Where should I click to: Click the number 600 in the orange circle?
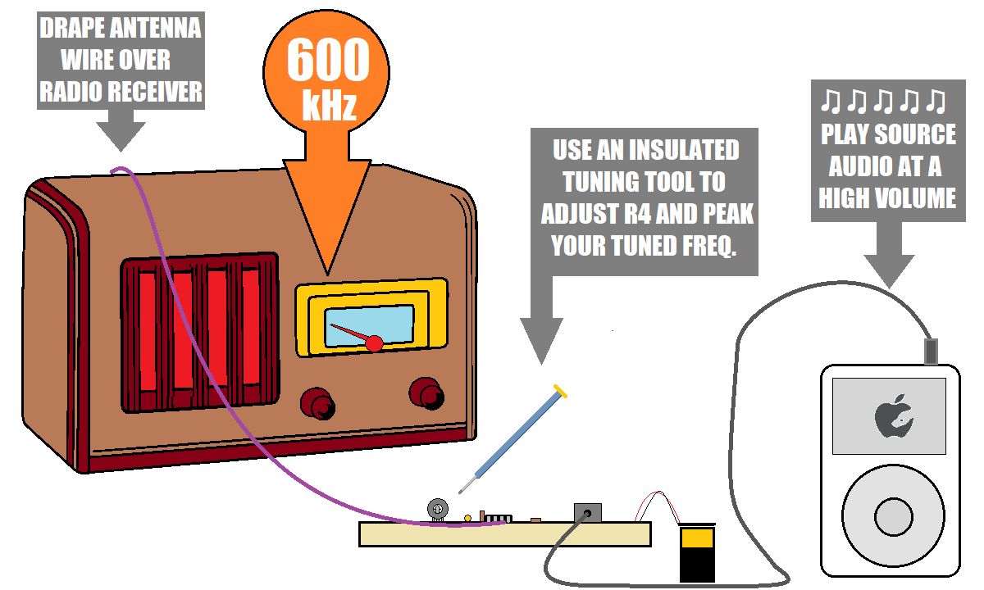point(328,61)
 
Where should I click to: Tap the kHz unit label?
point(328,107)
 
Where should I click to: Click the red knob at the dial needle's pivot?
point(374,343)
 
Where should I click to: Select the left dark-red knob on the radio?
point(318,403)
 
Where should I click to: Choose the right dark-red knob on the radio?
point(426,393)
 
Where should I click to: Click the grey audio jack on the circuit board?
point(586,513)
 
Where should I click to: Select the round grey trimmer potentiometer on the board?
point(438,510)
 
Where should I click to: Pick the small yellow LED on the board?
point(467,518)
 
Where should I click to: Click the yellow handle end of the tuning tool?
point(560,392)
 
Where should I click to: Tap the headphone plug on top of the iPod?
point(931,351)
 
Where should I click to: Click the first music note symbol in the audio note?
point(830,102)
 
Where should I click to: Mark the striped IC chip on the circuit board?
point(497,518)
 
